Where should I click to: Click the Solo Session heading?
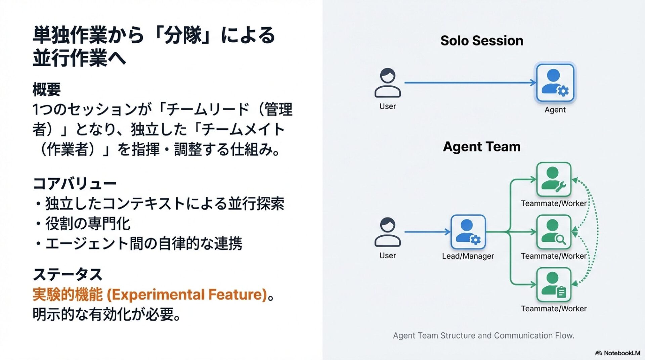(x=481, y=41)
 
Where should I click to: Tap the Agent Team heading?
(x=481, y=147)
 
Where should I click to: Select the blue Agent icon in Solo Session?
(x=555, y=83)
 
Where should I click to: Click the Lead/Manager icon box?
(x=468, y=232)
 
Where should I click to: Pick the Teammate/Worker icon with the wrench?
(x=554, y=179)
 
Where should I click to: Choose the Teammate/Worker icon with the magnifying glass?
(x=554, y=232)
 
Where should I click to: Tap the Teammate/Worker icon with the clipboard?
(x=554, y=284)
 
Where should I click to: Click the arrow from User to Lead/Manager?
(x=427, y=232)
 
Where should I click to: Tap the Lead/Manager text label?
(x=468, y=256)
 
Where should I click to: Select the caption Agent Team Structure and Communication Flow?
(x=483, y=335)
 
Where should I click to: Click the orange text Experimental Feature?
(x=186, y=295)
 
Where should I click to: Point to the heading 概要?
(x=47, y=90)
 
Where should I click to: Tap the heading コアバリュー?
(x=75, y=184)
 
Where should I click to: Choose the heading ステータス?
(x=68, y=274)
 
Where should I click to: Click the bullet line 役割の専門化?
(x=87, y=224)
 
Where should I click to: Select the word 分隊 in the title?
(x=183, y=35)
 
